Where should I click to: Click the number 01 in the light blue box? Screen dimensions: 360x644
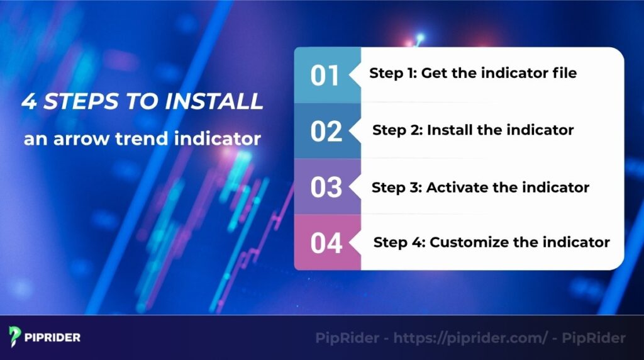325,76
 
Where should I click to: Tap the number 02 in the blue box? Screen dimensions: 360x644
326,132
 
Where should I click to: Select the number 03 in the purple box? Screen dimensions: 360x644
326,188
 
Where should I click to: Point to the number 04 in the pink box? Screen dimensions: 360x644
326,243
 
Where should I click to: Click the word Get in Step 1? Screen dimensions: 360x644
435,73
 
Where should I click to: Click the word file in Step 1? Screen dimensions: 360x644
562,73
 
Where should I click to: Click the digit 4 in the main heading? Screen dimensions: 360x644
29,102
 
